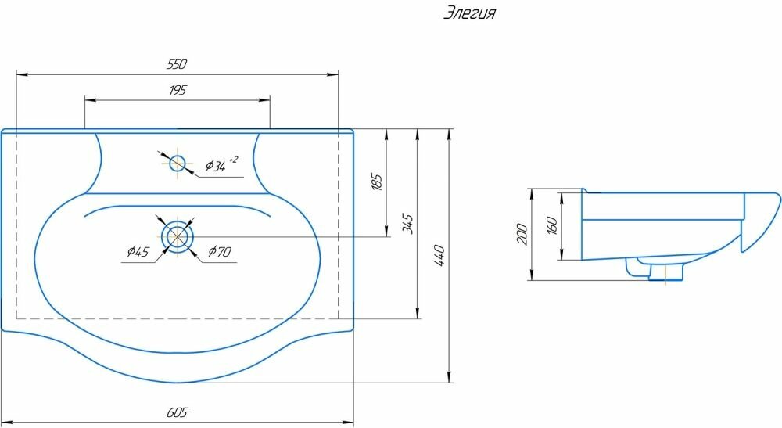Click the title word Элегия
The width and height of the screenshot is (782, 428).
470,13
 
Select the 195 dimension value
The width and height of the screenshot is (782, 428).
177,90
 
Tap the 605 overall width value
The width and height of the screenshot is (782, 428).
178,412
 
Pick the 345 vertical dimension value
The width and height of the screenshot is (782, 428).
407,225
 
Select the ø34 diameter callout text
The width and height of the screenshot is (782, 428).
220,165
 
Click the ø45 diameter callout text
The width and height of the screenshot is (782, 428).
138,251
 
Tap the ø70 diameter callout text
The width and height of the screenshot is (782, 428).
220,251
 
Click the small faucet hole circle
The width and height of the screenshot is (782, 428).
178,163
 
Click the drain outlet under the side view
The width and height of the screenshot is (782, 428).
665,272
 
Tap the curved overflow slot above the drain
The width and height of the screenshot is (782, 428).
178,208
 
